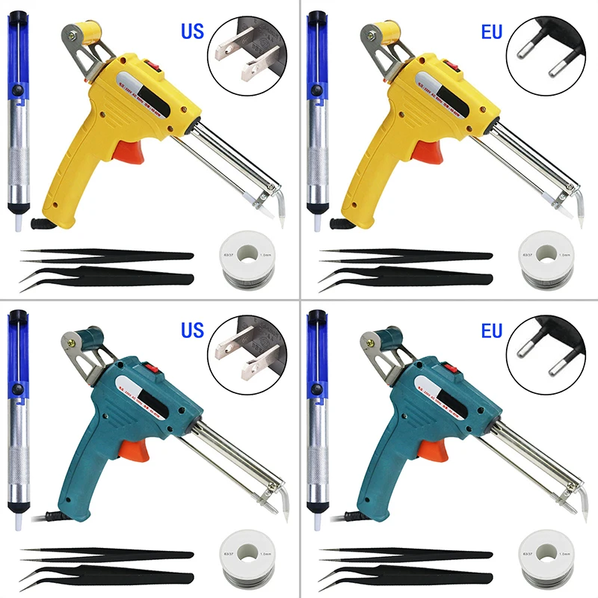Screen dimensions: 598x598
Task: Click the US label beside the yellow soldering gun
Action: click(x=193, y=33)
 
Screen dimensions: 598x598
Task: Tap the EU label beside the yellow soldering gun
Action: click(x=490, y=33)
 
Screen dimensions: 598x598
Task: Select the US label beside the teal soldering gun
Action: click(x=193, y=329)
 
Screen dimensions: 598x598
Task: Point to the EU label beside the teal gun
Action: click(x=490, y=329)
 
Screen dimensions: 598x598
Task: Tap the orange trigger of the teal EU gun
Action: click(x=428, y=449)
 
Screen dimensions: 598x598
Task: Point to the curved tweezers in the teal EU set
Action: click(x=404, y=576)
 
